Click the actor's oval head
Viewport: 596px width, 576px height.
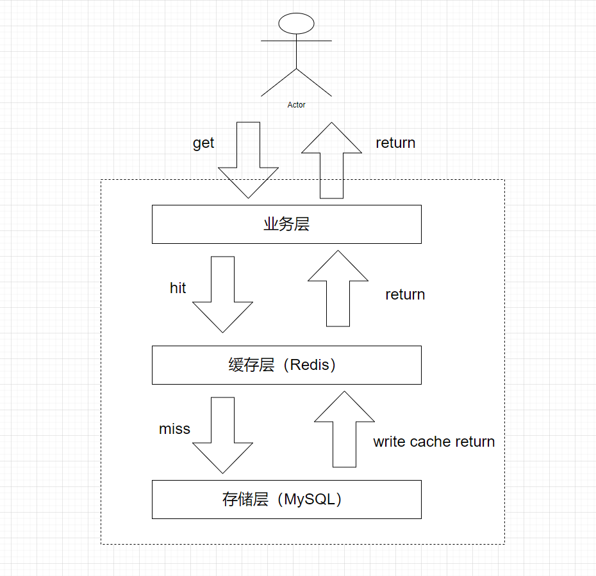point(296,24)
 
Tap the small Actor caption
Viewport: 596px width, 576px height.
point(296,105)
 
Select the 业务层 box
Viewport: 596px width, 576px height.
point(286,224)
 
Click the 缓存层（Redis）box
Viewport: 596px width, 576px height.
point(286,365)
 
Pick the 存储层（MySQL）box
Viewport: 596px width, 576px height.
point(286,499)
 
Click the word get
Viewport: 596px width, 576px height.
point(203,143)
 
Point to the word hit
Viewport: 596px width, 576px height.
point(178,288)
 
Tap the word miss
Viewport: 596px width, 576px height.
point(174,429)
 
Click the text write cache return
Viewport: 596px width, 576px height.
point(434,442)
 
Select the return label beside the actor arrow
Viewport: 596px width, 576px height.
point(395,143)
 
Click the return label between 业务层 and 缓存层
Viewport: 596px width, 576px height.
point(405,294)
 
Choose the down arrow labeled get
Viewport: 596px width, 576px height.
point(248,160)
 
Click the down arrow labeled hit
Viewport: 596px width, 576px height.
point(222,294)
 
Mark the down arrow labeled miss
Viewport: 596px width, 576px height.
point(222,435)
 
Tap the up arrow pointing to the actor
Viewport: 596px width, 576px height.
point(331,160)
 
